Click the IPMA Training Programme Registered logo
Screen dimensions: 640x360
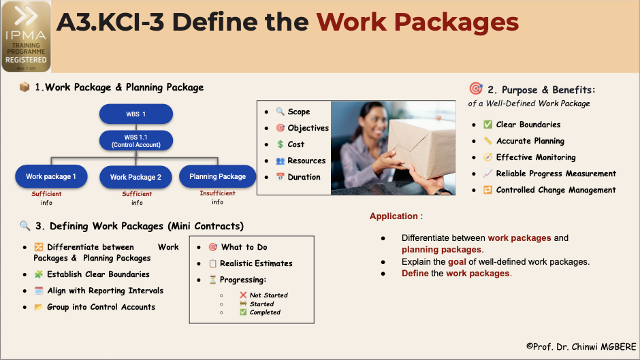pos(26,36)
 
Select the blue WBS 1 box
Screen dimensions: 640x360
pos(136,114)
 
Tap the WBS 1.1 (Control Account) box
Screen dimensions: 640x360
pos(136,141)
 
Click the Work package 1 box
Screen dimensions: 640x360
pos(51,176)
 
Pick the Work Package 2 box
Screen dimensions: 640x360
pos(135,177)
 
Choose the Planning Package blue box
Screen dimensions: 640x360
pos(218,176)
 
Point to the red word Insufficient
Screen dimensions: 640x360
pos(218,193)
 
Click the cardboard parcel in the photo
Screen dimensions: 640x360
pos(420,147)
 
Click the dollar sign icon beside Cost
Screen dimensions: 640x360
pos(280,144)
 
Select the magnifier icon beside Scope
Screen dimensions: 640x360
pos(280,112)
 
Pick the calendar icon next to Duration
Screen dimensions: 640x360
pos(280,177)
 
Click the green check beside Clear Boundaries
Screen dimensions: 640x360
pos(487,125)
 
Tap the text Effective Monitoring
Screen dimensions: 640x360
pos(536,157)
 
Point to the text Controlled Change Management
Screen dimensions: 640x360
pos(556,190)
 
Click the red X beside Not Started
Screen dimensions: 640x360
pos(243,295)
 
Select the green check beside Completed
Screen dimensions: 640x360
pos(243,312)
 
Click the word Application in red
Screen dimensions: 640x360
pos(394,216)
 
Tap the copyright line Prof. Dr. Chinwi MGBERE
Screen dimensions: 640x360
pos(581,346)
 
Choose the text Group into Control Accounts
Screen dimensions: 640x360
pos(101,307)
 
